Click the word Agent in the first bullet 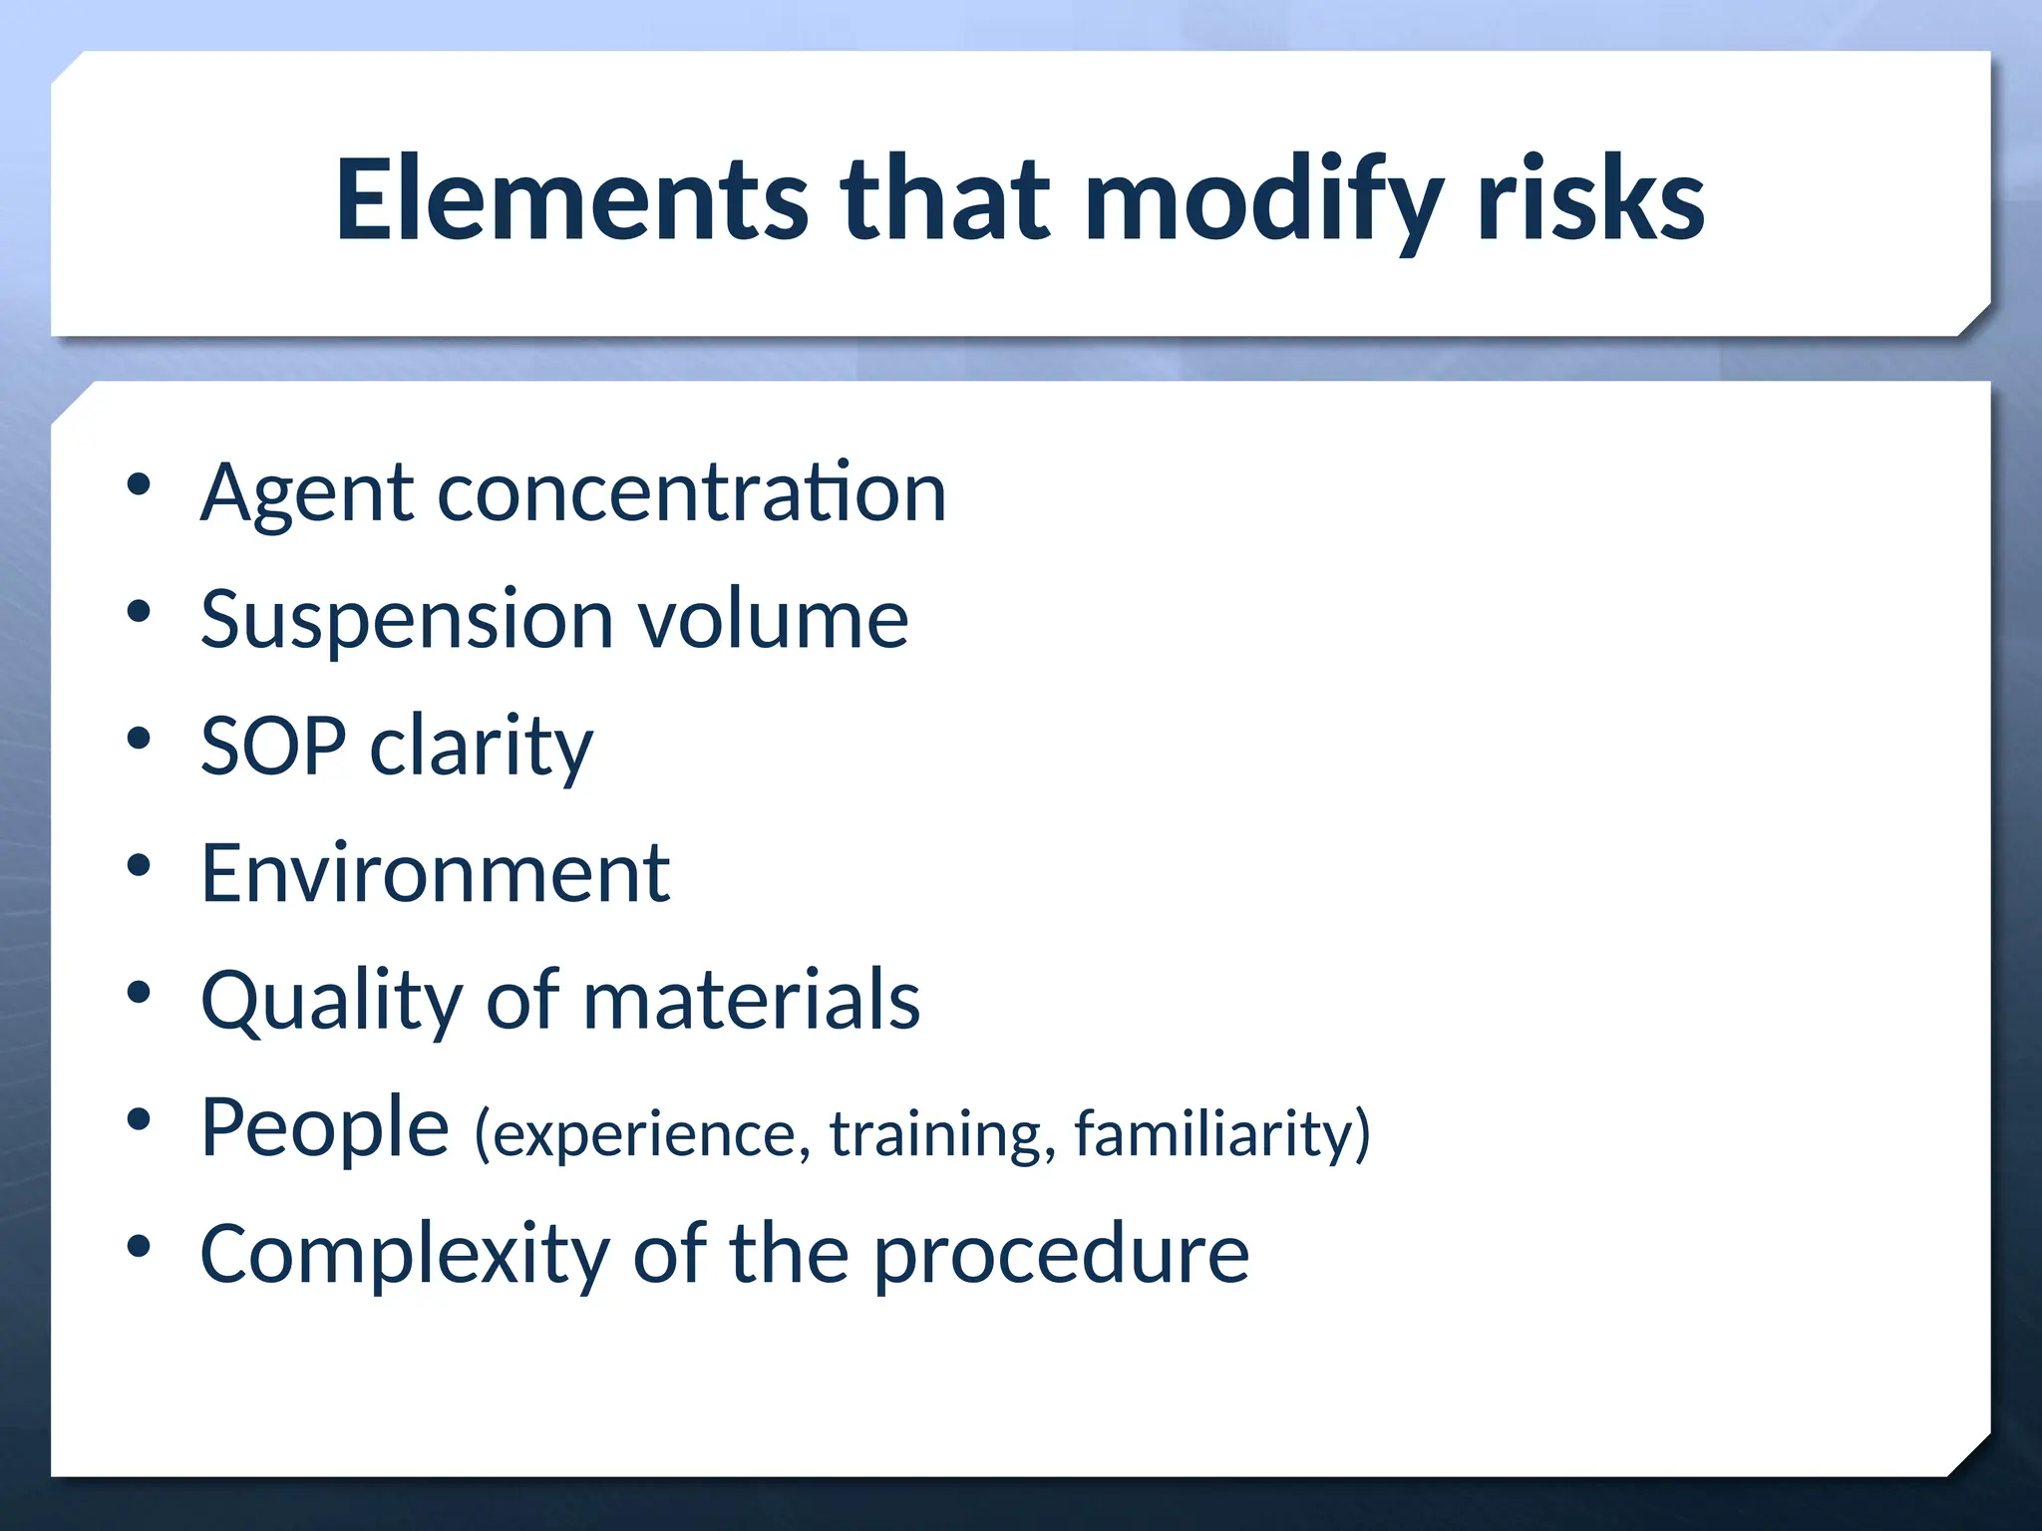[x=306, y=493]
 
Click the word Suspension [x=407, y=621]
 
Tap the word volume [x=773, y=619]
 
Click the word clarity [x=482, y=748]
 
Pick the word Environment [x=435, y=873]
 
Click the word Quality [x=331, y=1002]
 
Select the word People [x=325, y=1128]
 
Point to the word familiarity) [x=1222, y=1134]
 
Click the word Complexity [x=405, y=1256]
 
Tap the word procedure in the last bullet [x=1061, y=1256]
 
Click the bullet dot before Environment [x=139, y=865]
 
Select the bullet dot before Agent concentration [x=139, y=484]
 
